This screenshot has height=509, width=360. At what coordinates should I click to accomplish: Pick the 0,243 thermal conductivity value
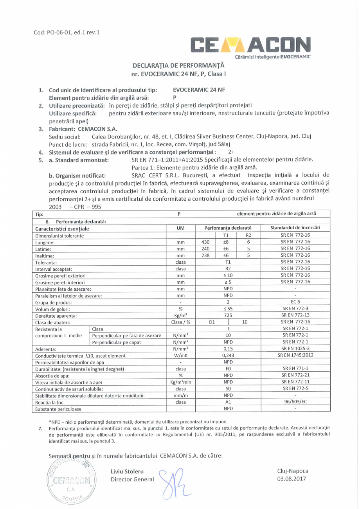(x=228, y=356)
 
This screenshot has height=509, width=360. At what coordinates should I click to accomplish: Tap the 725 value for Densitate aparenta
(x=228, y=315)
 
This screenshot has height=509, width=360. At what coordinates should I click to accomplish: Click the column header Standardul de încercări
(x=295, y=228)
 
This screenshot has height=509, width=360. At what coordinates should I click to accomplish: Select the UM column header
(x=181, y=228)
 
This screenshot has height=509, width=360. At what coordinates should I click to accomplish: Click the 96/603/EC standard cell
(x=295, y=402)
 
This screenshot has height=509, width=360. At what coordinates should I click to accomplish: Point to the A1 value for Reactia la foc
(x=228, y=402)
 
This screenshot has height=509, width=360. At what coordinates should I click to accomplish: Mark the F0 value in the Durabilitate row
(x=228, y=369)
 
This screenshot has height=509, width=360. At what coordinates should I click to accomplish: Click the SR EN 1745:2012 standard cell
(x=295, y=356)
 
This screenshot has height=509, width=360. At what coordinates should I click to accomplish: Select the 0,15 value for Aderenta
(x=228, y=349)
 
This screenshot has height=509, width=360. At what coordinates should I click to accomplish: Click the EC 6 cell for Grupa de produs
(x=295, y=302)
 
